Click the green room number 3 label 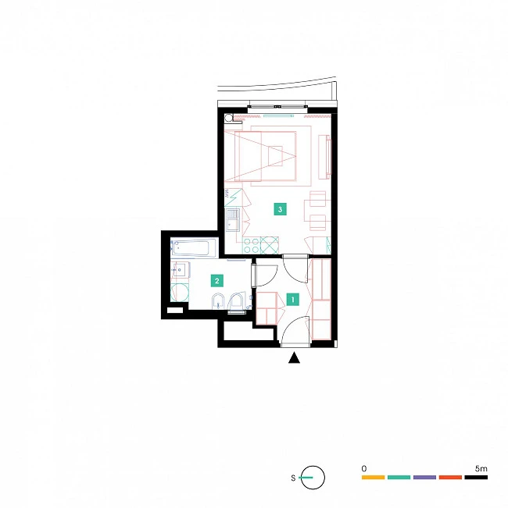tap(280, 209)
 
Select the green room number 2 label tap(217, 281)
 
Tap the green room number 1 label tap(292, 300)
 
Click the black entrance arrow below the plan tap(294, 357)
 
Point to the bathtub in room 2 tap(194, 248)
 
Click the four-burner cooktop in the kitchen tap(252, 245)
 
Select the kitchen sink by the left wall tap(233, 220)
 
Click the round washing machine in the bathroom tap(180, 293)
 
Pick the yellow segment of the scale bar tap(373, 478)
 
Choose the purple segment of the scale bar tap(424, 478)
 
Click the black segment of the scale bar tap(476, 478)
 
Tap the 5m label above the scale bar tap(481, 468)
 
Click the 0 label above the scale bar tap(364, 468)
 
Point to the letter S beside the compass tap(293, 478)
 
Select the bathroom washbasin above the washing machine tap(180, 269)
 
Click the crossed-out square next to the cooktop tap(270, 245)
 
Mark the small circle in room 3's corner tap(229, 117)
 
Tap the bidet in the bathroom tap(218, 301)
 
